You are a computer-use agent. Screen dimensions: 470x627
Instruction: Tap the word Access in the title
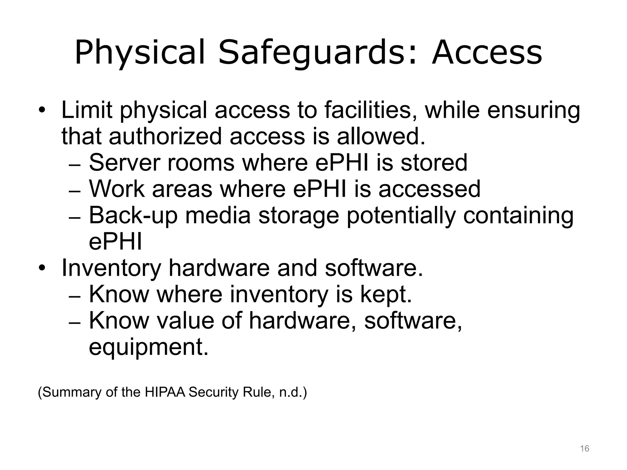pos(487,53)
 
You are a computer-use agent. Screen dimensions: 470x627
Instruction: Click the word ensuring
pos(533,111)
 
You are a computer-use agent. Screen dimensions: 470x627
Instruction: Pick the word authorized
pos(165,136)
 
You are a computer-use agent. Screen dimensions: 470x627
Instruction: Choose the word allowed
pos(381,136)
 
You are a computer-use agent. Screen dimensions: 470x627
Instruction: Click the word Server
pos(124,163)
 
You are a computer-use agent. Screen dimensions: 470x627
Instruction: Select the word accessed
pos(429,189)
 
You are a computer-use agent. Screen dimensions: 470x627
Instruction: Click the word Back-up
pos(133,215)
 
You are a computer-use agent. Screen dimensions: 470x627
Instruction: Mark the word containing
pos(518,216)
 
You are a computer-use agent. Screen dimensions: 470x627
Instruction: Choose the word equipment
pos(148,348)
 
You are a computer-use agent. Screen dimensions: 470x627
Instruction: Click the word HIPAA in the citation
pos(165,392)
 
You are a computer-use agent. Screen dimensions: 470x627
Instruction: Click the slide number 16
pos(584,449)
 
